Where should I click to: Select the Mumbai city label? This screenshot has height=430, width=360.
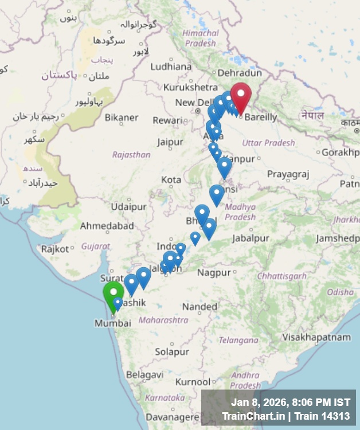click(113, 323)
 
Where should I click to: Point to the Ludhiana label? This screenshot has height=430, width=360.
click(171, 67)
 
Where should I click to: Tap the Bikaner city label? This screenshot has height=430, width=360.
click(121, 118)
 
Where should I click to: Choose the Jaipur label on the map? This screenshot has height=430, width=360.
click(170, 142)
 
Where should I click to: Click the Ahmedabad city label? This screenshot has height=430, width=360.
click(107, 226)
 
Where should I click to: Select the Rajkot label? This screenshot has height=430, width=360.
click(55, 249)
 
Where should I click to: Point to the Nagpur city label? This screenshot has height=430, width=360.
click(214, 272)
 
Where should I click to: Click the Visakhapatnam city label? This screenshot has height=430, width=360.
click(316, 338)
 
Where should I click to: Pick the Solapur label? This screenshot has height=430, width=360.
click(172, 351)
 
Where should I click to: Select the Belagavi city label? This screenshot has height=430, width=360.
click(144, 374)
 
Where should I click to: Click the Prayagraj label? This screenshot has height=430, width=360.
click(288, 174)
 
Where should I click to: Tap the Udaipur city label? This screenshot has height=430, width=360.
click(129, 206)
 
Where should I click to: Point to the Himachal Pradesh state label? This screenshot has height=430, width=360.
click(201, 38)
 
